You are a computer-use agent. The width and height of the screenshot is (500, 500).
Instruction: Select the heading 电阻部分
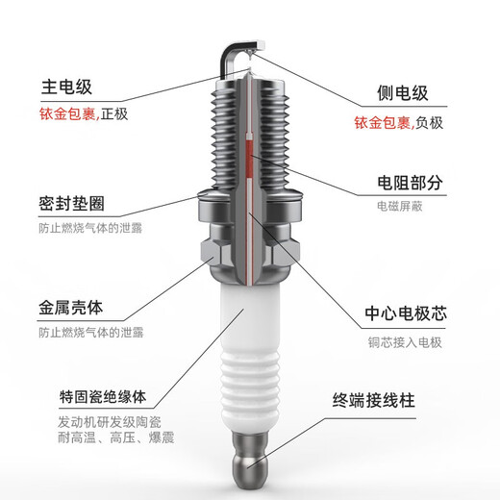point(409,183)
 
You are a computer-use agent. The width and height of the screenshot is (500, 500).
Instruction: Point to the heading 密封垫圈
point(72,206)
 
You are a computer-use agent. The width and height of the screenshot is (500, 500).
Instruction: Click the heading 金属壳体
point(72,310)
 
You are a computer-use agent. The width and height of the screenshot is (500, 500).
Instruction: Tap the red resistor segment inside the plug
point(251,163)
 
